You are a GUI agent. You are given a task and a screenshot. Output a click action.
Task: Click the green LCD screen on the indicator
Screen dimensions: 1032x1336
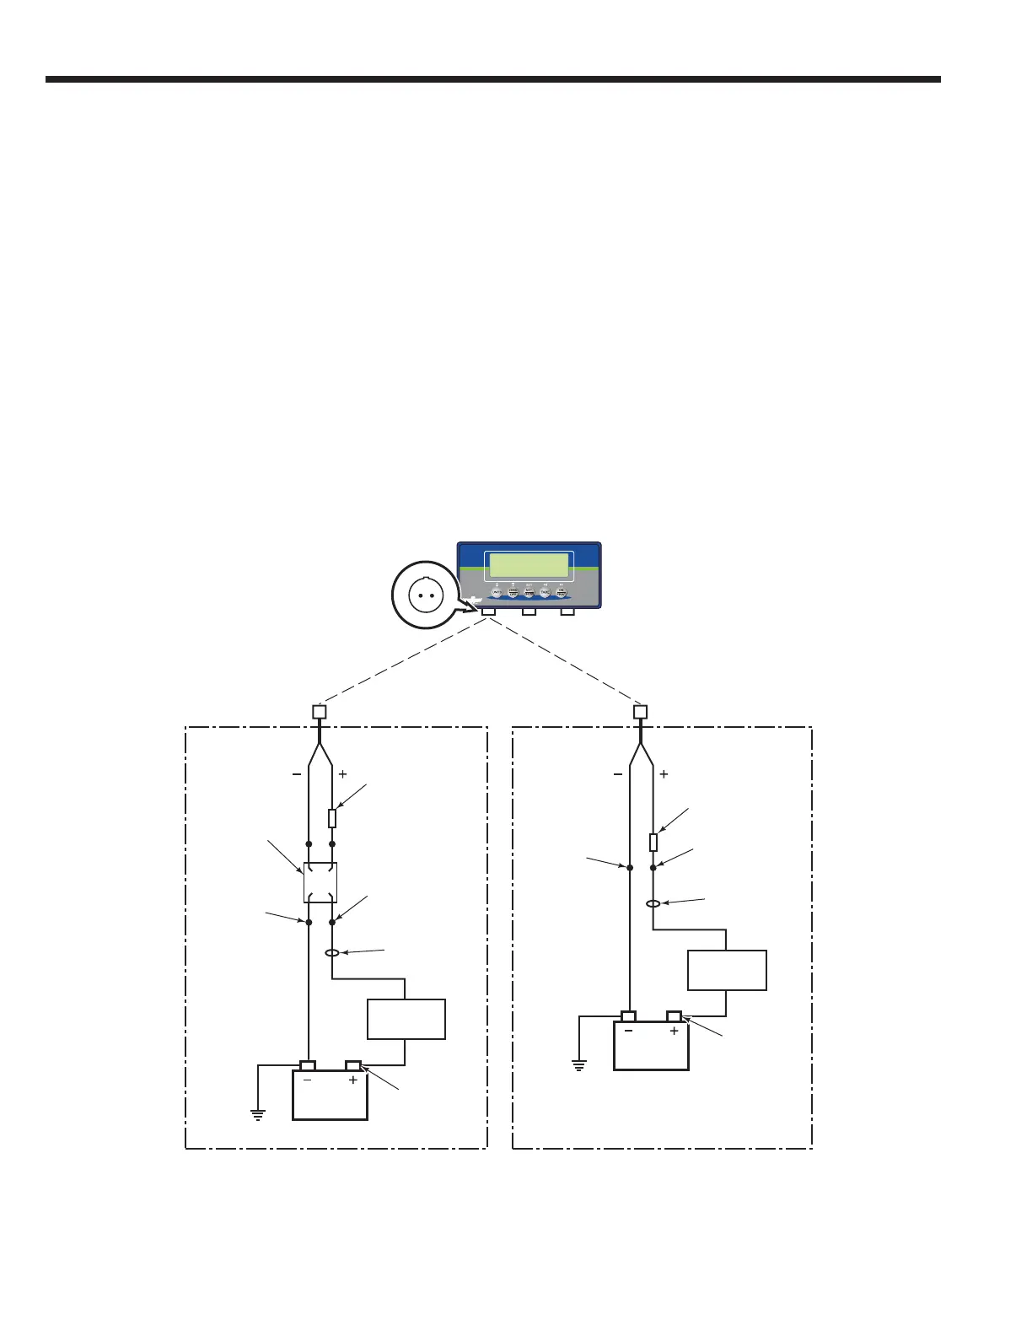529,565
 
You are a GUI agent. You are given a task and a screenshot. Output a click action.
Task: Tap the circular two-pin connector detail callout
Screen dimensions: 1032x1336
426,595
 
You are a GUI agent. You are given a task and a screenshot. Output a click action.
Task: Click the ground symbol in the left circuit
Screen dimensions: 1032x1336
258,1114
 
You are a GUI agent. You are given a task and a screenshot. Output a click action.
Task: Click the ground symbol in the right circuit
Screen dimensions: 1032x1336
579,1065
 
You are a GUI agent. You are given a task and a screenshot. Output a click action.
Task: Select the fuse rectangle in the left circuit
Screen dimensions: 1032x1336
332,818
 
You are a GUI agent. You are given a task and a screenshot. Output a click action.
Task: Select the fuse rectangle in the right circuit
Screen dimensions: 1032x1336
653,842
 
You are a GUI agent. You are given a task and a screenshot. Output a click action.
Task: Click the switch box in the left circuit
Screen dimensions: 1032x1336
320,882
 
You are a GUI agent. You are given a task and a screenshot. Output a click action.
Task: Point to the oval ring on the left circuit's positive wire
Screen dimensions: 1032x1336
332,953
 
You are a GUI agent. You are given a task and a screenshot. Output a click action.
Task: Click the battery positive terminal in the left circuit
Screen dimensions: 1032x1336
353,1066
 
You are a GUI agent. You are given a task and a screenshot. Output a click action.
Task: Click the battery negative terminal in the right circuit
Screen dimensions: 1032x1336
628,1016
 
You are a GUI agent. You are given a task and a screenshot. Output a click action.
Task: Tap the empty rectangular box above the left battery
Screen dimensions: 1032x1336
406,1019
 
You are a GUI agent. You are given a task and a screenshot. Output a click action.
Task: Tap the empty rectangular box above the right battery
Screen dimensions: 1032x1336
727,970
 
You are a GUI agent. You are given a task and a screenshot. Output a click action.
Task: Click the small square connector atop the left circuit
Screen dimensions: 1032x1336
320,712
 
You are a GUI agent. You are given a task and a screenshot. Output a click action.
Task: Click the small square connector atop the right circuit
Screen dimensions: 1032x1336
641,712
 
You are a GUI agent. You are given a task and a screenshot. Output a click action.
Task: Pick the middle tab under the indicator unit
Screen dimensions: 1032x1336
529,611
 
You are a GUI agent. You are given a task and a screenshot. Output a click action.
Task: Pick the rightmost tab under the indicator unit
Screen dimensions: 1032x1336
567,611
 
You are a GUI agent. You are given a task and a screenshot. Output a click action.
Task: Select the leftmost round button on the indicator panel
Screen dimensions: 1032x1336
497,593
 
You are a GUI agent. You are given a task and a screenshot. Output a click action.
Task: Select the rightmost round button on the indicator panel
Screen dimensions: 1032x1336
562,593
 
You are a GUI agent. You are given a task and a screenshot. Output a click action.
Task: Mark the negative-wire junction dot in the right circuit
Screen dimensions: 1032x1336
630,867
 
